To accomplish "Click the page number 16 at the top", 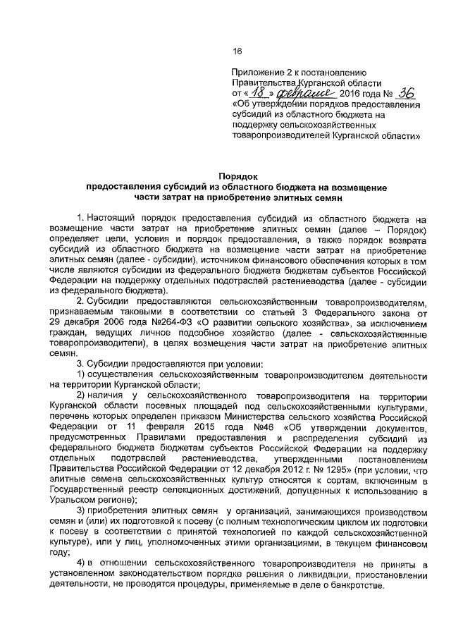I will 237,50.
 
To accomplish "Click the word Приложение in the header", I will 260,73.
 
